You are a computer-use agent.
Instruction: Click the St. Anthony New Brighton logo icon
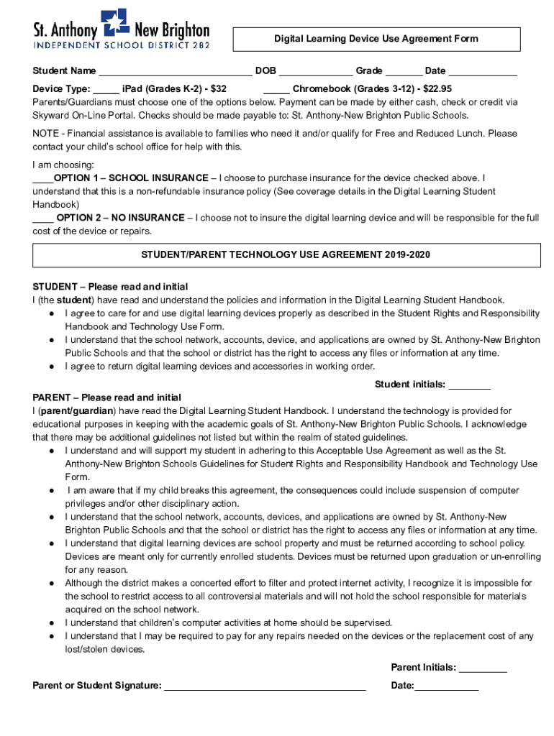[x=115, y=22]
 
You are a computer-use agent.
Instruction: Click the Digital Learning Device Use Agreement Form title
[x=376, y=39]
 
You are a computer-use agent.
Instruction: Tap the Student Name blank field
[x=175, y=71]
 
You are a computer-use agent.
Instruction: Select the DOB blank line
[x=315, y=71]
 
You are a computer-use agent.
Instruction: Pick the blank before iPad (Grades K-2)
[x=106, y=89]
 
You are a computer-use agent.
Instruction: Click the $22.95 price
[x=437, y=89]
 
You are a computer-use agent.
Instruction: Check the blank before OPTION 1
[x=42, y=178]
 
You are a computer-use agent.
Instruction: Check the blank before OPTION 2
[x=42, y=218]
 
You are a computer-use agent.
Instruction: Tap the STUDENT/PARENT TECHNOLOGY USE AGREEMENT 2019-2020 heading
[x=286, y=255]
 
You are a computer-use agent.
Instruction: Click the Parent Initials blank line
[x=483, y=668]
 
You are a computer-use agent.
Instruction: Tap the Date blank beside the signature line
[x=446, y=686]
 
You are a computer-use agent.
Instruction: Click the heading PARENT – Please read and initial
[x=107, y=397]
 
